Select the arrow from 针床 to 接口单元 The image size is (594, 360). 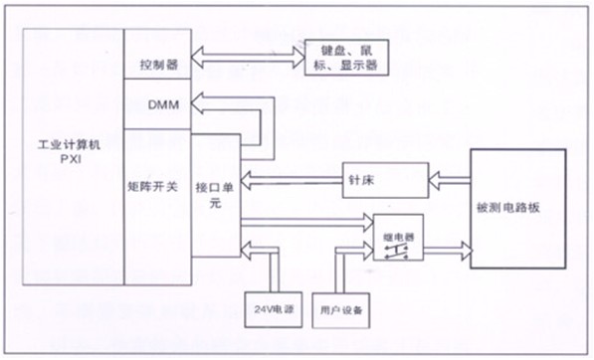coord(291,179)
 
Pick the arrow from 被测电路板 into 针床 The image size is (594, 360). coord(449,179)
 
